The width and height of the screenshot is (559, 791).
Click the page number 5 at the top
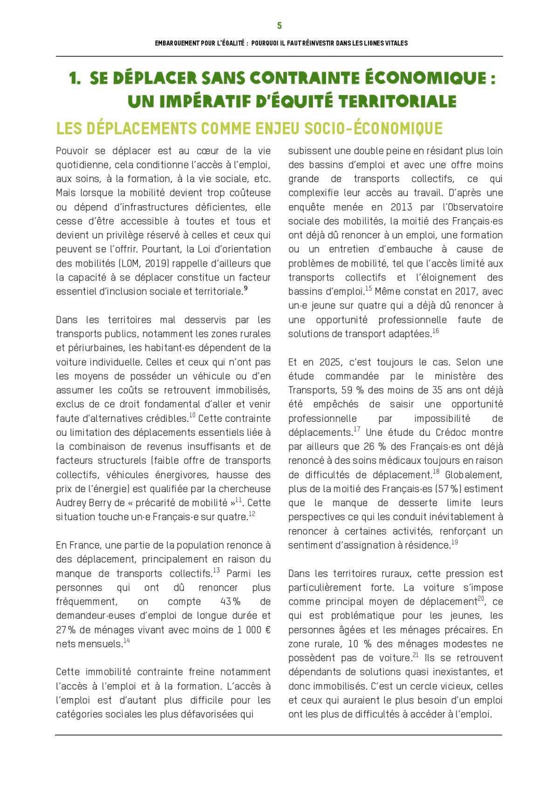point(279,26)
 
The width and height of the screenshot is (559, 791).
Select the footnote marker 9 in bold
point(245,289)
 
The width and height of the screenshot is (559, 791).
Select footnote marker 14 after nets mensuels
point(126,641)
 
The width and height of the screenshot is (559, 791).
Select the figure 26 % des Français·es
point(375,447)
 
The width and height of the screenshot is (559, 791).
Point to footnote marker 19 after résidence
point(454,543)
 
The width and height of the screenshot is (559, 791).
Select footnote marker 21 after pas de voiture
point(416,655)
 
